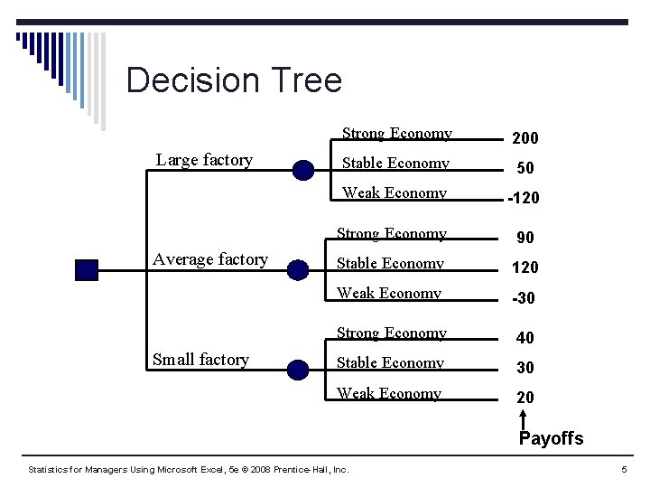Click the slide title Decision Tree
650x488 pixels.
coord(234,80)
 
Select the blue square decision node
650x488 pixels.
coord(87,269)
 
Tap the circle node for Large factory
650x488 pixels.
coord(303,169)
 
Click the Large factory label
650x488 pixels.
coord(204,160)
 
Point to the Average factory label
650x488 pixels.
coord(210,259)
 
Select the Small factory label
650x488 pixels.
coord(200,360)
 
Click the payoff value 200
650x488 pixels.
coord(525,138)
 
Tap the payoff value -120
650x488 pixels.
coord(523,198)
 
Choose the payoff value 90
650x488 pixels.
coord(525,238)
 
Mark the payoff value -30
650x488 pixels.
coord(523,297)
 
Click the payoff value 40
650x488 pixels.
coord(525,338)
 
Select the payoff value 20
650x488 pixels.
coord(525,398)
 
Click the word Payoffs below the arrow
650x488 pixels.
coord(551,439)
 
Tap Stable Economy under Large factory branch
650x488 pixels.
coord(395,164)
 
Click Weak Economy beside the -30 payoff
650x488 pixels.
coord(388,294)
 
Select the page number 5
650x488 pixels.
coord(624,470)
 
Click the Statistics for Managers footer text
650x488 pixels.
coord(189,470)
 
